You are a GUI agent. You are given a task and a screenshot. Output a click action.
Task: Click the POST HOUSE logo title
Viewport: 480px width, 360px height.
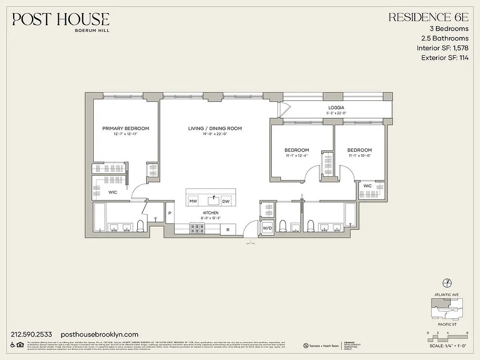(61, 19)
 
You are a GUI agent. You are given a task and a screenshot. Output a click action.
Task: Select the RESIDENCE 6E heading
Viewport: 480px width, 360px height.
(428, 18)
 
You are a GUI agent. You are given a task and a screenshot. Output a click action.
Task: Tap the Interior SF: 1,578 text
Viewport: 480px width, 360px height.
(442, 48)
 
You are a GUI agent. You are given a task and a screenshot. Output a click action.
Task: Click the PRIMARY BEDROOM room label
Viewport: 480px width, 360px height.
(126, 129)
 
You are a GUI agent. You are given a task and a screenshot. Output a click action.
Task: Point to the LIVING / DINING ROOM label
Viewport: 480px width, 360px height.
(215, 129)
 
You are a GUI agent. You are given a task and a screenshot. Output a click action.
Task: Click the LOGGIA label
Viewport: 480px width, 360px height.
(336, 108)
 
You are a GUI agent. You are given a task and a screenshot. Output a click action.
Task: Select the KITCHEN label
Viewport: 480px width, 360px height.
(211, 213)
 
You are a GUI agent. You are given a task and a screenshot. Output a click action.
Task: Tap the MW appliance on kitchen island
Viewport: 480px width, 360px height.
(193, 201)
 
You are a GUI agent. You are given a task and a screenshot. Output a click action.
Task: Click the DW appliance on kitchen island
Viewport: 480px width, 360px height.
(226, 201)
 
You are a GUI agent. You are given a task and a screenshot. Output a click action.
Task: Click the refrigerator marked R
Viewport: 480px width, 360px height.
(228, 230)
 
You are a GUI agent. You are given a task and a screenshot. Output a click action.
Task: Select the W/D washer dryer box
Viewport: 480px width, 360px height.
(267, 228)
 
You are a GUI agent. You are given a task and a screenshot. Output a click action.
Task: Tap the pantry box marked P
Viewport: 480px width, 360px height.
(170, 213)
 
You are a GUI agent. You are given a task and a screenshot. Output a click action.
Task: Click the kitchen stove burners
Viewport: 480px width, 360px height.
(197, 229)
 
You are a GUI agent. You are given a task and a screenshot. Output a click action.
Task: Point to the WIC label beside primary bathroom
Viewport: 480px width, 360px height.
(112, 192)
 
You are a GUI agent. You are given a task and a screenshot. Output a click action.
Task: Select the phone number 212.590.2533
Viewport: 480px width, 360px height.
(31, 334)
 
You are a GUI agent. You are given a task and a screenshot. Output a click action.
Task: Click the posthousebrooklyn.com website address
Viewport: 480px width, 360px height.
(99, 334)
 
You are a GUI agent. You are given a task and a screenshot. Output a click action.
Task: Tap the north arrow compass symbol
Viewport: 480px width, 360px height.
(447, 283)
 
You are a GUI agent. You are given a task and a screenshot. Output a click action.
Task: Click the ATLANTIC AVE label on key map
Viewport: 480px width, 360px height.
(447, 295)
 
